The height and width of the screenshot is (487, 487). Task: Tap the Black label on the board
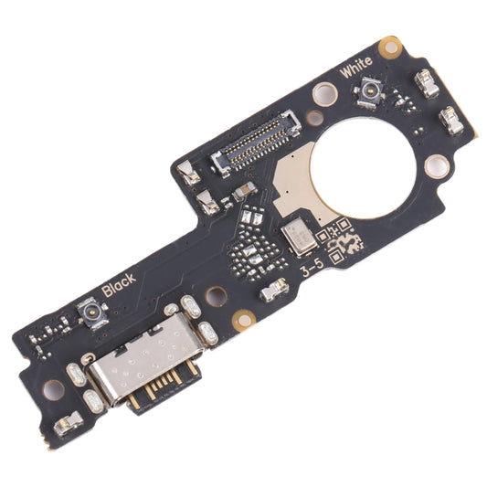(119, 284)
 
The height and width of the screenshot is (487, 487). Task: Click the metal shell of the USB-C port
(137, 365)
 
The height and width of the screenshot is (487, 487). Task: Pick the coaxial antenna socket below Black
(92, 313)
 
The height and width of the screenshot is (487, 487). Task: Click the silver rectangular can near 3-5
(297, 238)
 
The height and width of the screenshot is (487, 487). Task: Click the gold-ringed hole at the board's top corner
(392, 43)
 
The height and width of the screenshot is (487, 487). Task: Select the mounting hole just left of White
(321, 92)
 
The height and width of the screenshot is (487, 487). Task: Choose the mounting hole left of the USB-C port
(53, 389)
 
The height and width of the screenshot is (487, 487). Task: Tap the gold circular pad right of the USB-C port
(244, 320)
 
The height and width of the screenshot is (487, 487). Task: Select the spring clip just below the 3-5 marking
(273, 291)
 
